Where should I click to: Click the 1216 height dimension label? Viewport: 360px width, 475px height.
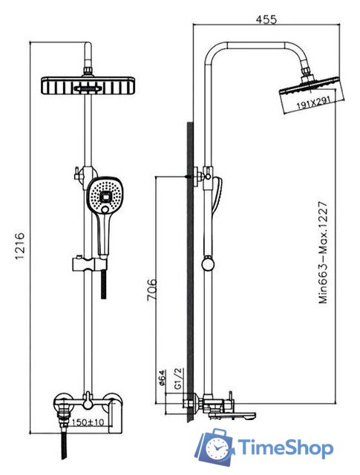pos(19,246)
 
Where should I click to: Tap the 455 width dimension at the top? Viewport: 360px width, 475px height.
pos(266,19)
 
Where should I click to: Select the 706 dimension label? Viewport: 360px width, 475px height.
pos(152,290)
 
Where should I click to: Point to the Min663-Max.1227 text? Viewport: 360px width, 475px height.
pos(323,252)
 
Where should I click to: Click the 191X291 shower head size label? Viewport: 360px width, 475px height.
pos(312,103)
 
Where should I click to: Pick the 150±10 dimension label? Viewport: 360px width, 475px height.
pos(88,422)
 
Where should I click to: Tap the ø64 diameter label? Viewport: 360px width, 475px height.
pos(161,378)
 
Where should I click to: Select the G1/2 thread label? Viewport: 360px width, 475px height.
pos(178,378)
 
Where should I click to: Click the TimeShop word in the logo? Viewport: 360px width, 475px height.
pos(285,448)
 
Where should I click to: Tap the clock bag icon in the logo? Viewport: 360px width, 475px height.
pos(215,447)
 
